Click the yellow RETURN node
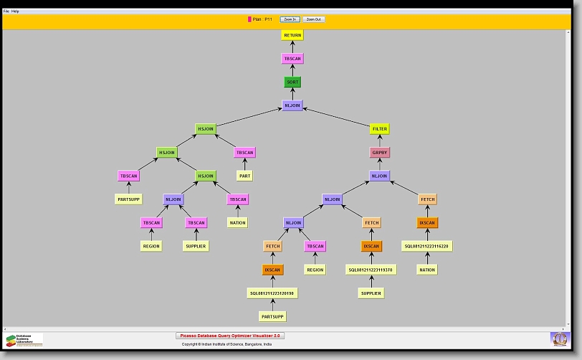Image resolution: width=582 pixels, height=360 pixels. click(292, 35)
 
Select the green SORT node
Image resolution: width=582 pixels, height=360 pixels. click(292, 82)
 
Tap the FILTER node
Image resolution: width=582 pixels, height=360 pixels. click(380, 129)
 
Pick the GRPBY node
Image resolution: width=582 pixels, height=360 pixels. click(380, 153)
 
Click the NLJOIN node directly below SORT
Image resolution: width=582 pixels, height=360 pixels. click(292, 105)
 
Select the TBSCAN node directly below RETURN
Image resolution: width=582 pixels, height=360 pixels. click(292, 59)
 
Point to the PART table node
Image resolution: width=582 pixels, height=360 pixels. click(244, 176)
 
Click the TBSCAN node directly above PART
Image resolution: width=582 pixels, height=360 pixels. click(244, 153)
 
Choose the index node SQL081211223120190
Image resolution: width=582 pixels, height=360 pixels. click(272, 293)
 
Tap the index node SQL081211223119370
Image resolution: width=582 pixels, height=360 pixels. click(371, 270)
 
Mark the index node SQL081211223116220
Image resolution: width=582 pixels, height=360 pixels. click(427, 246)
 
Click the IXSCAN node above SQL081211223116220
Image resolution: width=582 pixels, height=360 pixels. click(427, 223)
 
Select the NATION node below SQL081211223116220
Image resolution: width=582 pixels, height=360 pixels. click(427, 270)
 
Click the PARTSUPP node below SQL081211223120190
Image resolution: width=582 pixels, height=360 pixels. click(272, 316)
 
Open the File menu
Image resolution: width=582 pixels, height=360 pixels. click(6, 11)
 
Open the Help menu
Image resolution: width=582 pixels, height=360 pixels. click(15, 11)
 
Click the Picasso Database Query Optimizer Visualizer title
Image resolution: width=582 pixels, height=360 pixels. click(230, 336)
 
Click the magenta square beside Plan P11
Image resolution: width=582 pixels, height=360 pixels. click(249, 19)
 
